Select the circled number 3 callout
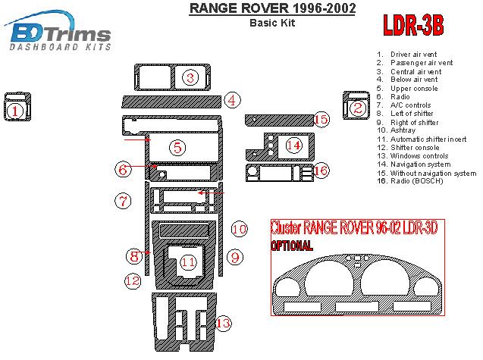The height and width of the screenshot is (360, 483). pos(191,77)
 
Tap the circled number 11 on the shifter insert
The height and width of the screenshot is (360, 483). pos(187,261)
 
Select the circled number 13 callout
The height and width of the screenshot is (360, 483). pos(223,324)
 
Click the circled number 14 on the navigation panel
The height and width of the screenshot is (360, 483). pos(293,144)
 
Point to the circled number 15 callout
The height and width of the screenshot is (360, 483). pos(321,119)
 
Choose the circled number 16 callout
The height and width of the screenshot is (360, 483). pos(321,171)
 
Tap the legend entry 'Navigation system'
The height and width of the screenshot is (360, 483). pos(422,164)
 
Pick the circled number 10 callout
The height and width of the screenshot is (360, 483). pos(240,228)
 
